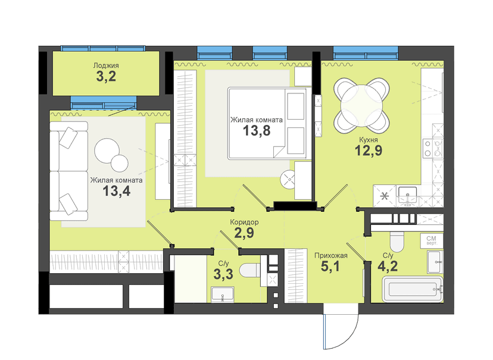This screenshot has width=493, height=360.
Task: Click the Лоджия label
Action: [106, 65]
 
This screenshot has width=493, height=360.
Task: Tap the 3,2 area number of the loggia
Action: [106, 76]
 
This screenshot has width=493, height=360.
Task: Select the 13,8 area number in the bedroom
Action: [257, 130]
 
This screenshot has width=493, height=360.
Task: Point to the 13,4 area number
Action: [116, 190]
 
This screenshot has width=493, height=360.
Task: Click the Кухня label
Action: [368, 140]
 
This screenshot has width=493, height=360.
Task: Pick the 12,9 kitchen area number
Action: [369, 151]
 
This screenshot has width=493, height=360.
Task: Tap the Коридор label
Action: [244, 222]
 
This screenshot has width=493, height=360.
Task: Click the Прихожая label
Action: [331, 255]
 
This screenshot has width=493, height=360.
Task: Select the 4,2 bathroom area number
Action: [388, 267]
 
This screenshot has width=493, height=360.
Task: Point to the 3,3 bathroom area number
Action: [223, 274]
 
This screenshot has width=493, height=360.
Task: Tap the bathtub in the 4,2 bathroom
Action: [413, 289]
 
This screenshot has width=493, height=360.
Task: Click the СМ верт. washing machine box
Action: [432, 240]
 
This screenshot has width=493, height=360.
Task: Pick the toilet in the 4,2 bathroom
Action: [397, 242]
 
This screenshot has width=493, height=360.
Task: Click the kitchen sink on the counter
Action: [407, 195]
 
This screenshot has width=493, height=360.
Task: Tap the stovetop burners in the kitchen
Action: [428, 148]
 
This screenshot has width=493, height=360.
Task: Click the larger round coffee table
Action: [107, 151]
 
